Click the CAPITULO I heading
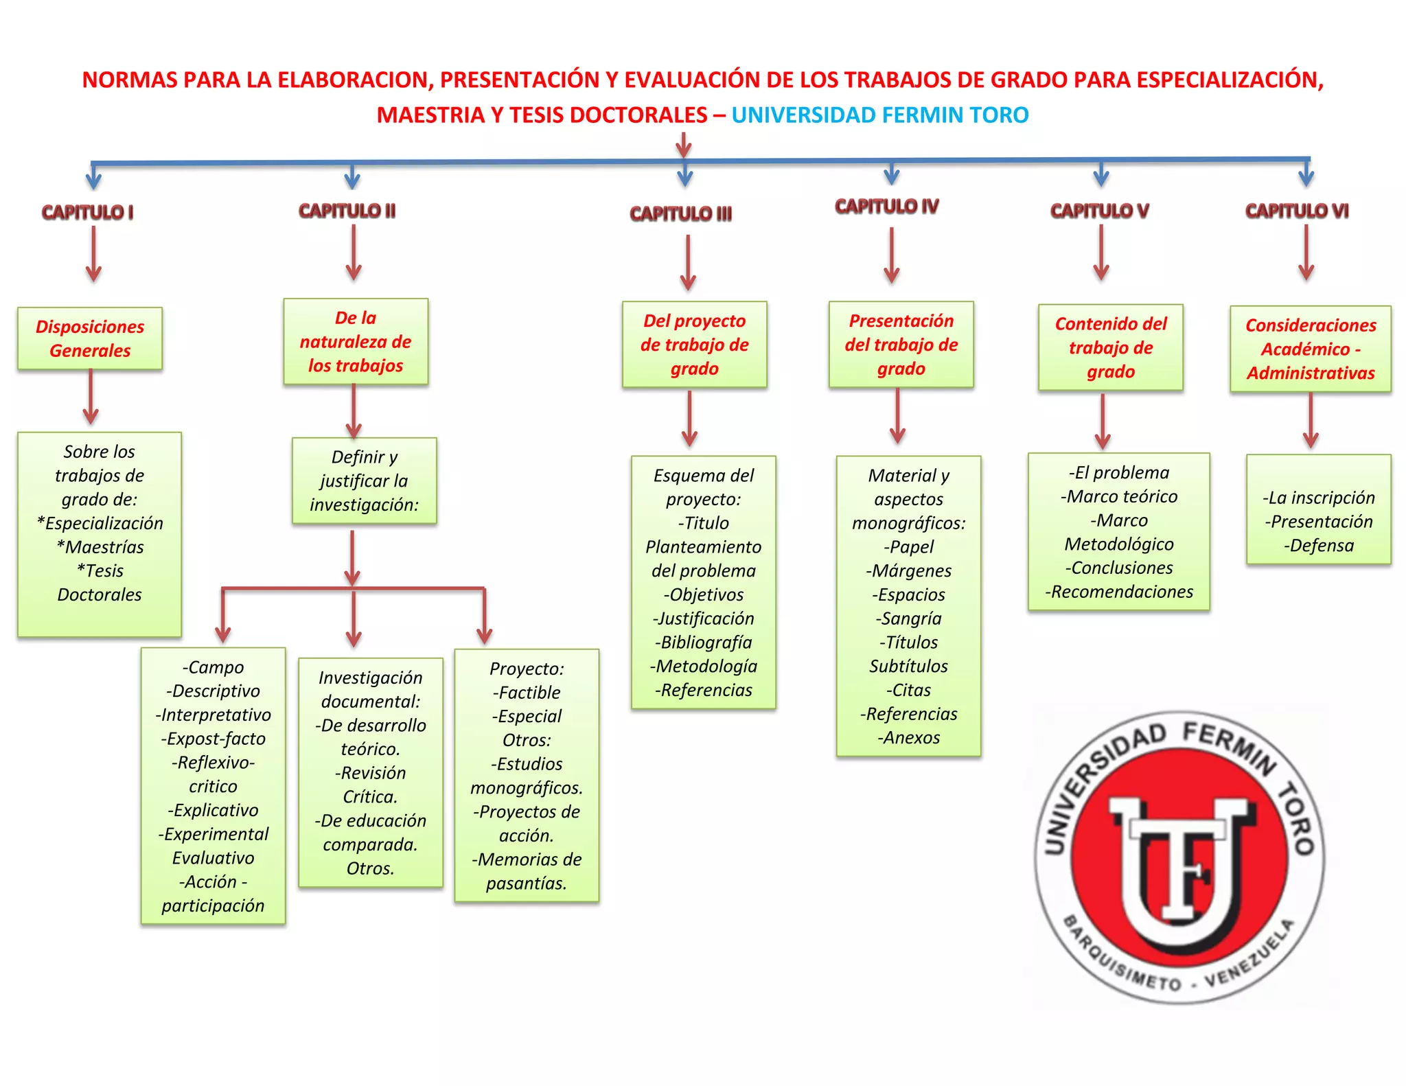[87, 212]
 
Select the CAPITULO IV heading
[886, 206]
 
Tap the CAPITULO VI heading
[1296, 211]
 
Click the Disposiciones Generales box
[90, 338]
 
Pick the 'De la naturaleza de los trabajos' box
[356, 341]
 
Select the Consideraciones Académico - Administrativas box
[1311, 349]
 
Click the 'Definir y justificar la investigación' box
[364, 481]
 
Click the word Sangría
[911, 619]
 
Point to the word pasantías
[526, 883]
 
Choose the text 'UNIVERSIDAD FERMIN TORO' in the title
[879, 115]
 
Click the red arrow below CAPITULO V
[1100, 254]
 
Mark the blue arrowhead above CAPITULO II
[352, 180]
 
